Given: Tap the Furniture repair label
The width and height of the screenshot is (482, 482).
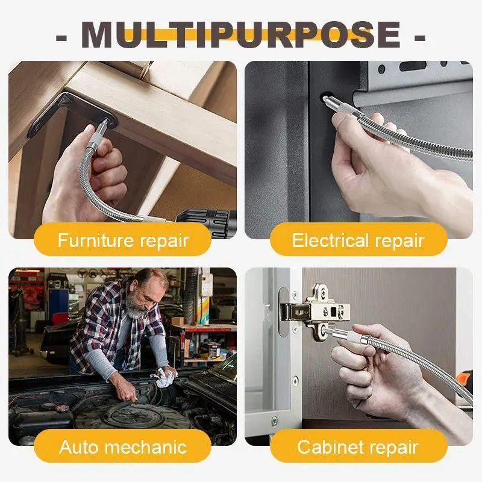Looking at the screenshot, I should [123, 240].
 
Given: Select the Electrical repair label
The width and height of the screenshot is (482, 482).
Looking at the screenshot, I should [358, 240].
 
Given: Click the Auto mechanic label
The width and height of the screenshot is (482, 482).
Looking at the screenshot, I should [123, 447].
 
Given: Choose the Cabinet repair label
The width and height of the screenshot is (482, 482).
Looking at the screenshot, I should [358, 447].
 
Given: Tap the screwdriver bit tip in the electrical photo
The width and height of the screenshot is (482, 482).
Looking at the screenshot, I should [327, 96].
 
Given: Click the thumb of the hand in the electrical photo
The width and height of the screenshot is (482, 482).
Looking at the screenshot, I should [346, 120].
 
